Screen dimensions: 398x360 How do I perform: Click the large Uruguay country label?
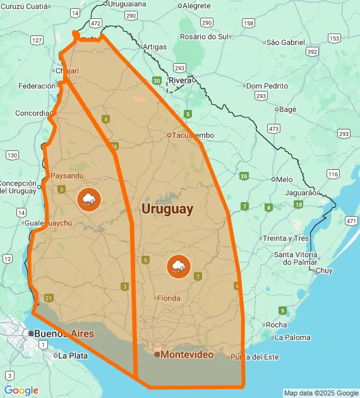coord(167,209)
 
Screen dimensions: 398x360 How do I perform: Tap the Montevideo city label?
coord(187,355)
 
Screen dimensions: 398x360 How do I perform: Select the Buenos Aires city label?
coord(64,334)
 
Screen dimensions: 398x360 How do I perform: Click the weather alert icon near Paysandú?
coord(88,200)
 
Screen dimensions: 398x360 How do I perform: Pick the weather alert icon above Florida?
coord(179,266)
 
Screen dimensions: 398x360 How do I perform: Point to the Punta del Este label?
coord(255,357)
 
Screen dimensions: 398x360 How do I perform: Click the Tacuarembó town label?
coord(193,135)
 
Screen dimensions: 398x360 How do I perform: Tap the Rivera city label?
coord(180,80)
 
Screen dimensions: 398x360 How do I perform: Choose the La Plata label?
coord(73,356)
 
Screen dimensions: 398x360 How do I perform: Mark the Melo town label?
coord(284,179)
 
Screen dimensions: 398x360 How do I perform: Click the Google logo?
coord(21,390)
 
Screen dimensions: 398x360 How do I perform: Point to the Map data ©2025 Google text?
coord(320,393)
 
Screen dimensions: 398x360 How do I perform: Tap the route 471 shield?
coord(351,220)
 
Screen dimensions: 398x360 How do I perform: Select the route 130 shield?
coord(12,155)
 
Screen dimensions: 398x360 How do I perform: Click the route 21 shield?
coord(49,298)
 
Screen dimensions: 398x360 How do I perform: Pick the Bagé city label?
coord(287,109)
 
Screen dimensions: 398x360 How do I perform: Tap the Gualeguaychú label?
coord(48,223)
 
